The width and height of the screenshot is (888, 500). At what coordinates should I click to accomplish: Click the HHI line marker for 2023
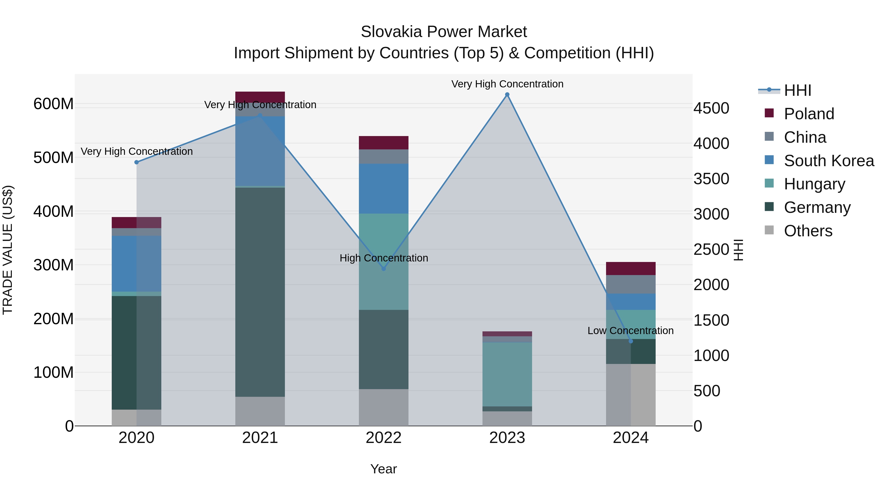[507, 95]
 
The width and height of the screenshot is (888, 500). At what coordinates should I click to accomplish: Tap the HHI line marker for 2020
[136, 162]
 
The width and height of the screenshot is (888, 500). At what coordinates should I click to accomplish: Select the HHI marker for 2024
[631, 341]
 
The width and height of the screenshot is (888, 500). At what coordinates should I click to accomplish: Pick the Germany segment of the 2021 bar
[260, 292]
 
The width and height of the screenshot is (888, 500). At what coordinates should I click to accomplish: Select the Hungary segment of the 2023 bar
[507, 374]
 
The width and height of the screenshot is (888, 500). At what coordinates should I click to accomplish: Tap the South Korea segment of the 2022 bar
[383, 189]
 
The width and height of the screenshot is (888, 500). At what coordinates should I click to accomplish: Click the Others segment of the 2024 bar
[631, 395]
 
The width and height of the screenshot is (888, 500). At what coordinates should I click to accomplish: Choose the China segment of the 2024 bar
[631, 284]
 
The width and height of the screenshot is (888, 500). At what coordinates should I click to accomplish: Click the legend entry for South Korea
[829, 161]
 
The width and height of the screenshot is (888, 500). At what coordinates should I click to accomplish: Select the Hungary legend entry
[814, 184]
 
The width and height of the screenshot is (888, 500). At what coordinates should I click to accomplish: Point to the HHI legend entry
[797, 90]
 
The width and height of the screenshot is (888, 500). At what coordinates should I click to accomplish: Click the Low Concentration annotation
[630, 331]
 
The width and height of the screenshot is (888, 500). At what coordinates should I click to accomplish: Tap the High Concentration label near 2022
[384, 258]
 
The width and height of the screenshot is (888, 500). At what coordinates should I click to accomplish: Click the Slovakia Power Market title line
[444, 32]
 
